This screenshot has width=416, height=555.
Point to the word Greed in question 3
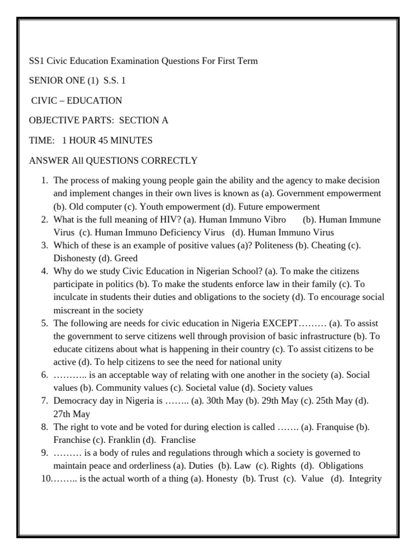click(x=126, y=258)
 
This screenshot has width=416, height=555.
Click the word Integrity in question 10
click(x=366, y=479)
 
